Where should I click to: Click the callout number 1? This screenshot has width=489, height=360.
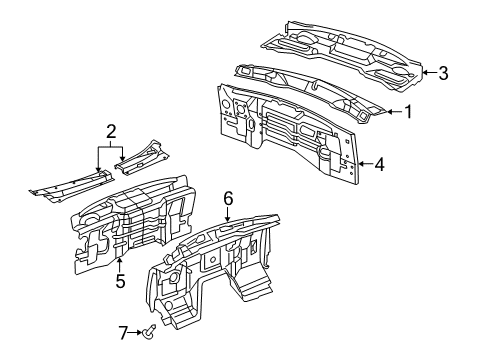tap(408, 112)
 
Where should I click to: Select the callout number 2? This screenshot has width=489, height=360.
tap(112, 130)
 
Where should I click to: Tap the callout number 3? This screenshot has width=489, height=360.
tap(444, 71)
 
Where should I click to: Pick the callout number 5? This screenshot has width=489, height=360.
tap(120, 281)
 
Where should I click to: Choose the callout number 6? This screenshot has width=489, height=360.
tap(228, 199)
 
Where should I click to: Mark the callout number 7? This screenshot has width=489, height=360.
tap(125, 332)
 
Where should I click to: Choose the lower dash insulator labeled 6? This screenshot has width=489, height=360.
tap(220, 270)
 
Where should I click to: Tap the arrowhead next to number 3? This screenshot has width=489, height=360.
tap(425, 71)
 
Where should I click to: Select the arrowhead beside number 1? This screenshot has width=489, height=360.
tap(390, 112)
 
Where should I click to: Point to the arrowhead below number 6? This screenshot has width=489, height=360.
tap(228, 216)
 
